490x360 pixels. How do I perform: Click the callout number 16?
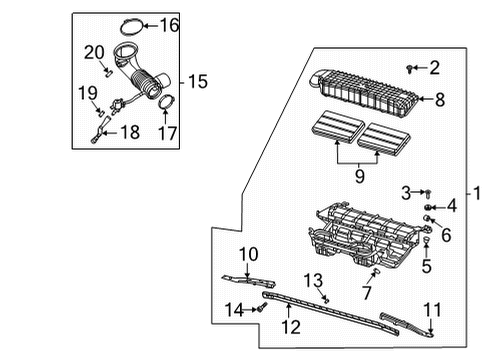click(x=170, y=24)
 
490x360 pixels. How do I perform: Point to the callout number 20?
click(x=94, y=51)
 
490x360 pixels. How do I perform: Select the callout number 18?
click(x=130, y=131)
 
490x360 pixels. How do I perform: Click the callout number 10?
click(x=247, y=254)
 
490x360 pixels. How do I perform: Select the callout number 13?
click(x=313, y=280)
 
